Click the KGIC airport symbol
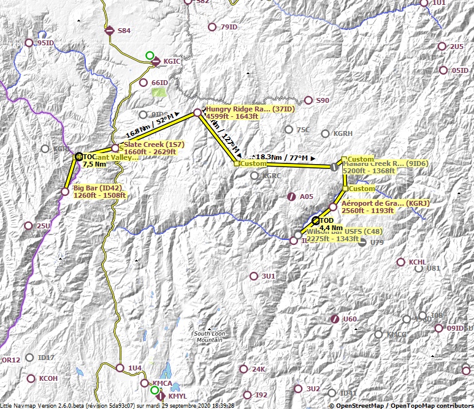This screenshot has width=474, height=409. (x=156, y=61)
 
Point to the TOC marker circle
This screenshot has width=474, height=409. (x=78, y=157)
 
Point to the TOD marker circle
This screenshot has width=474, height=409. (x=316, y=220)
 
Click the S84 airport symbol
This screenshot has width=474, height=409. (x=109, y=30)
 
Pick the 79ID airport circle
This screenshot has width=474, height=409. (x=212, y=27)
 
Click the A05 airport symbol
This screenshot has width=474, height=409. (x=291, y=197)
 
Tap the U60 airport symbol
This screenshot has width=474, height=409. (x=335, y=319)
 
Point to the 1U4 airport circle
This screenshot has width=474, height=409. (x=120, y=368)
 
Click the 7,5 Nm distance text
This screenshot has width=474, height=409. (x=94, y=164)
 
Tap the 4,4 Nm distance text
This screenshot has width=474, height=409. (x=331, y=228)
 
